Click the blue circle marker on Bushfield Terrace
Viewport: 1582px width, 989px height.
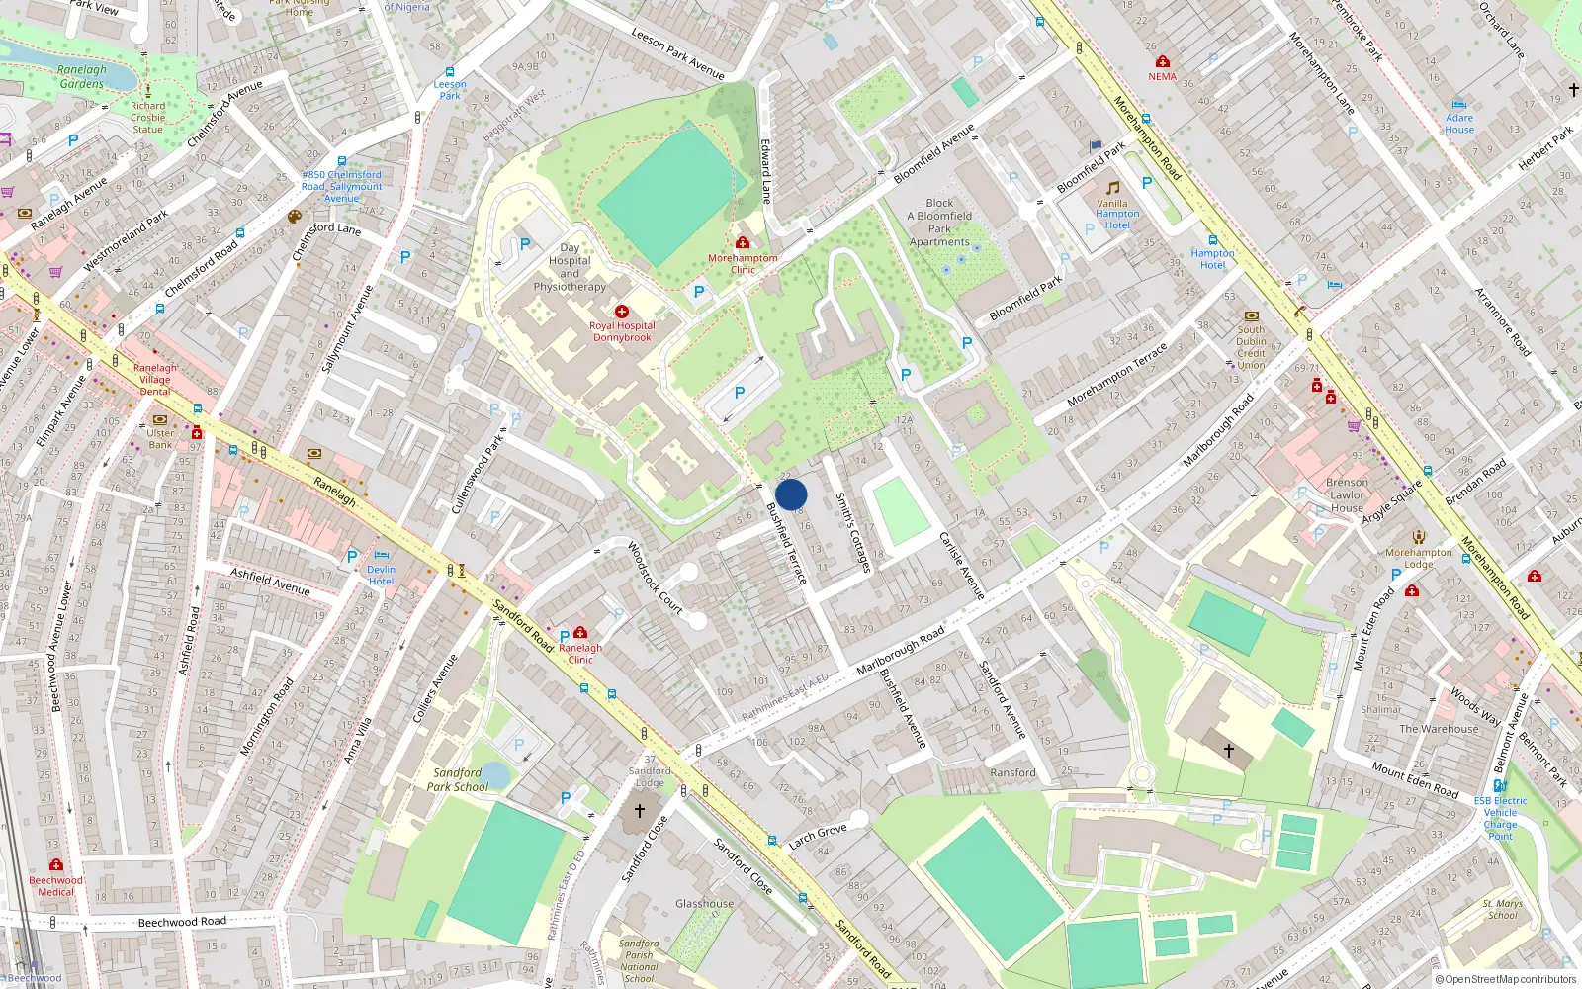(x=791, y=494)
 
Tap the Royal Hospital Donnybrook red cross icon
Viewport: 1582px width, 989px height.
(x=622, y=312)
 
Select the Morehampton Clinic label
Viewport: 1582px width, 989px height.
(x=743, y=264)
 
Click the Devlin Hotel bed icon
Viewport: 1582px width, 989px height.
(x=382, y=556)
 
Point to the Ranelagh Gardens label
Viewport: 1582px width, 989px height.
(x=81, y=77)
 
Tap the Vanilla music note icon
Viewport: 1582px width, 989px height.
(x=1113, y=188)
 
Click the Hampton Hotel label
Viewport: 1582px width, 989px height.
(x=1212, y=259)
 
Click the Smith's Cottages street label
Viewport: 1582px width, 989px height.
(x=853, y=532)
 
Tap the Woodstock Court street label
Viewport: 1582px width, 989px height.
(x=656, y=577)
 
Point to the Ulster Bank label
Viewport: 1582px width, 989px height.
(x=160, y=439)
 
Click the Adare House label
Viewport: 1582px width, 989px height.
(x=1459, y=124)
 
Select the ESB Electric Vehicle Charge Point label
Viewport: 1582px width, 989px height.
(x=1500, y=818)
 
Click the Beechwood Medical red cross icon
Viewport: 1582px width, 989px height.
(x=56, y=865)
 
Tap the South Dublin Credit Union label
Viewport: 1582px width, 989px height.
(x=1251, y=347)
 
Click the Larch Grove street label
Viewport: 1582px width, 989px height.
(x=818, y=837)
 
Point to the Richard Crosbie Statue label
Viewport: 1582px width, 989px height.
(x=147, y=118)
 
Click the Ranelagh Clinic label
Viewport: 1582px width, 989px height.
(x=580, y=654)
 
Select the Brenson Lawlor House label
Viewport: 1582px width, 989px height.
(x=1347, y=495)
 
